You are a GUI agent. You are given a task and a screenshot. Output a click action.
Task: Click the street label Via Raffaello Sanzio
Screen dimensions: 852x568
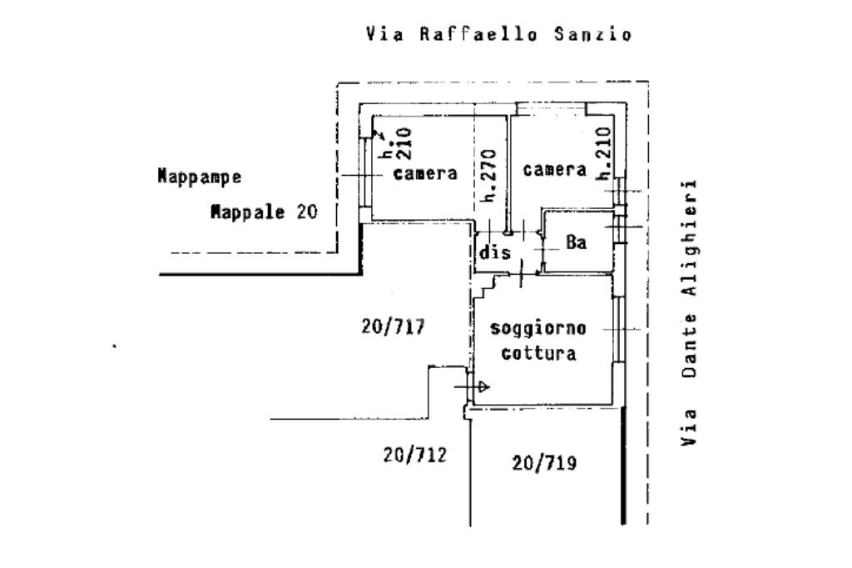pos(499,34)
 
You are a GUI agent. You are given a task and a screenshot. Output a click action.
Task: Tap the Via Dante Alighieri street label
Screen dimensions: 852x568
pos(689,313)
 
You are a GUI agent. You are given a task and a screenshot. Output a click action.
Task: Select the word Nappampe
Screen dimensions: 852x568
pos(200,177)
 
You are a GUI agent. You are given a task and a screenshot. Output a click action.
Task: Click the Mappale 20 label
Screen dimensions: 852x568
pos(264,211)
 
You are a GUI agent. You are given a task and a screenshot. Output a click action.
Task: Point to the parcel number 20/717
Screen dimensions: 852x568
pos(393,326)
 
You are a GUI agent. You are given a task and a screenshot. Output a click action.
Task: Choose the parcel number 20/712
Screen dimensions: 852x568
pos(414,454)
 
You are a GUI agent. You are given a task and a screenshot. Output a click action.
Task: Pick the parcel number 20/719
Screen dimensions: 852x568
pos(544,463)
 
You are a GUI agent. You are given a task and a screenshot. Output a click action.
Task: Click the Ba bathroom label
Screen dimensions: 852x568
pos(577,242)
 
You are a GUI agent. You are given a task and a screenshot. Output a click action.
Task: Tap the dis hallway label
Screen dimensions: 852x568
pos(495,252)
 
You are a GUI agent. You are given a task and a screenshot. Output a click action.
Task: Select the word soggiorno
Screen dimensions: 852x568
pos(538,328)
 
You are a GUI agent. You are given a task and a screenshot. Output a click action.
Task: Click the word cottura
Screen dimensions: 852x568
pos(538,353)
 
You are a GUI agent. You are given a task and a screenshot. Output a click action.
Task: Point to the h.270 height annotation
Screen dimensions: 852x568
pos(489,176)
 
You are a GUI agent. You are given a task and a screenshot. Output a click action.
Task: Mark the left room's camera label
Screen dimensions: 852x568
pos(425,173)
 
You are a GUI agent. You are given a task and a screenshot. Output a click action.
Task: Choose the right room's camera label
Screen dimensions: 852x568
pos(555,169)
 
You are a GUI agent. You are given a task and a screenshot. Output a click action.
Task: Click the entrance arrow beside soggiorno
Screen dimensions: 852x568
pos(472,386)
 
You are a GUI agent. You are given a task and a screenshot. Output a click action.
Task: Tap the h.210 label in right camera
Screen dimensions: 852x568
pos(604,154)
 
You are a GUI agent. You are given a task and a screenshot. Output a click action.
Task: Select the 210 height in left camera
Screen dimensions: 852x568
pos(404,143)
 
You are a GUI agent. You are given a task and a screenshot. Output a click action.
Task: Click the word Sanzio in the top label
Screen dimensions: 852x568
pos(593,34)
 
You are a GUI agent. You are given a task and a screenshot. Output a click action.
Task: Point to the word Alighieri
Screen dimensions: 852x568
pos(689,238)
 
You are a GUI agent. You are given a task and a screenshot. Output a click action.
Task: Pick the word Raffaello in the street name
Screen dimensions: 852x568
pos(478,34)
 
